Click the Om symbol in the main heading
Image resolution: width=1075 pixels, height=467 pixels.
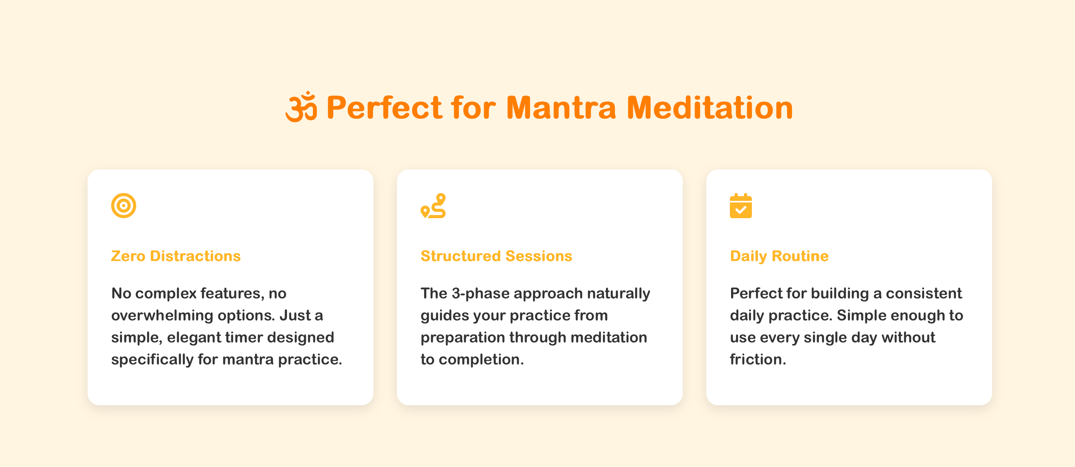point(301,107)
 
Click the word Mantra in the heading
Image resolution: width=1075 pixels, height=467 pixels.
point(561,108)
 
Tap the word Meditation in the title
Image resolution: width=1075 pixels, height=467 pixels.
point(709,108)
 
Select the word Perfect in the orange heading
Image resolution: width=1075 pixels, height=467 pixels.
point(384,108)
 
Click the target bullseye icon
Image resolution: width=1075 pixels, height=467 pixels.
point(124,206)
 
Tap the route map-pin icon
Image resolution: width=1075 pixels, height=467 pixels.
point(433,206)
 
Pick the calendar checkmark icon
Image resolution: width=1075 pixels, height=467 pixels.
point(741,206)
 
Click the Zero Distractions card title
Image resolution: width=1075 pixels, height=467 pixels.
point(176,256)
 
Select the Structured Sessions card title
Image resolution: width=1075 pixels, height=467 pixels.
point(496,256)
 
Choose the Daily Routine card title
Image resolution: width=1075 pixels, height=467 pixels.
point(779,256)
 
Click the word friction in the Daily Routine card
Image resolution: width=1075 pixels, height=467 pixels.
point(757,360)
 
